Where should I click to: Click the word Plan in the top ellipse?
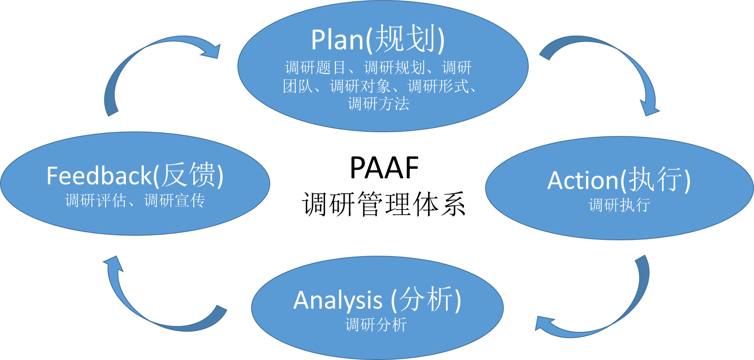pos(337,40)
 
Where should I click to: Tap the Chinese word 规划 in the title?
pos(405,39)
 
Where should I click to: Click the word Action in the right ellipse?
pos(583,181)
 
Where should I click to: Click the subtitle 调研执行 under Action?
pos(619,205)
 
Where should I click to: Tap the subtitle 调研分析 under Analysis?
pos(375,325)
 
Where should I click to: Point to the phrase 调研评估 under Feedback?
pos(96,201)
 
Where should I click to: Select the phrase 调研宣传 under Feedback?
pos(175,201)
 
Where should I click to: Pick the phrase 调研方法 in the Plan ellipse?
pos(378,104)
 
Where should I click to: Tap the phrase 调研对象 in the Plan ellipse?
pos(360,86)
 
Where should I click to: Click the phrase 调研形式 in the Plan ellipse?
pos(438,86)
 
